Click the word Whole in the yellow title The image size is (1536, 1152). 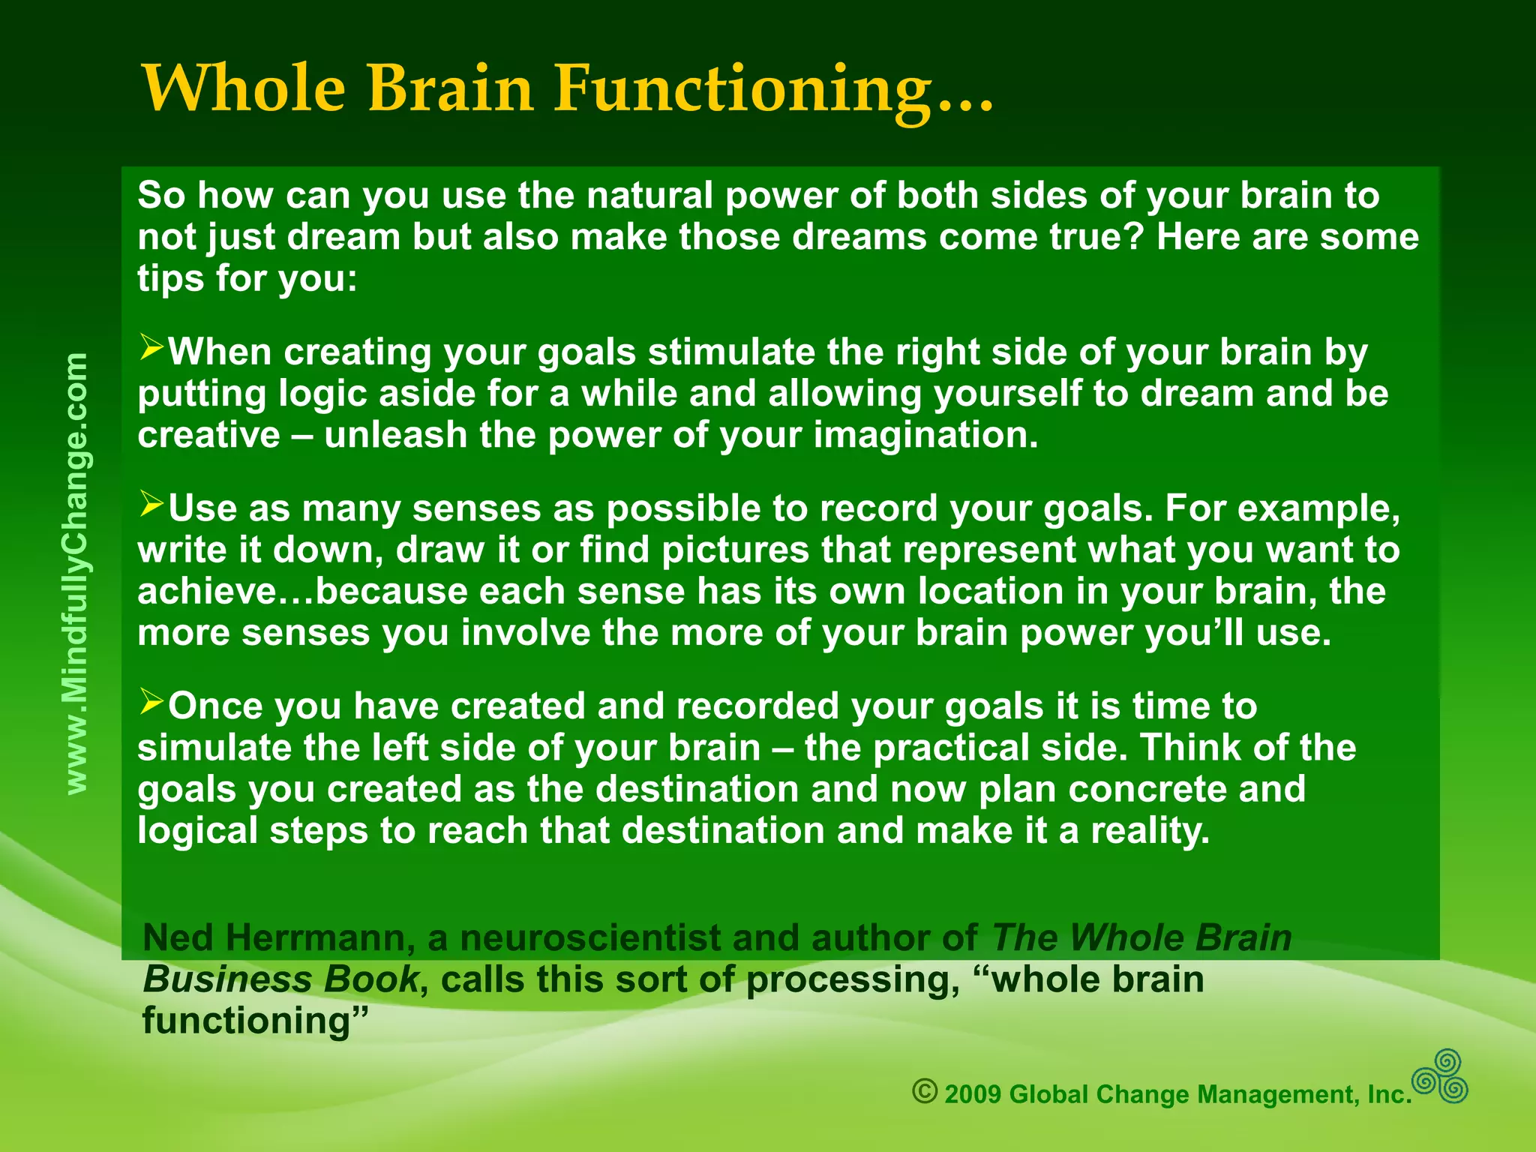(x=243, y=88)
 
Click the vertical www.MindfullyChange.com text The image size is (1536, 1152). (x=76, y=574)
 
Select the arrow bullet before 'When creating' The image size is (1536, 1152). (x=151, y=348)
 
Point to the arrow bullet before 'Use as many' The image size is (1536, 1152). (x=151, y=505)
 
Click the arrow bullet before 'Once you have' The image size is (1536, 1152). (x=151, y=703)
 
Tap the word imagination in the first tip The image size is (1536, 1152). (x=925, y=435)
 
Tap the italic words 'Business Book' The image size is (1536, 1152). (x=280, y=979)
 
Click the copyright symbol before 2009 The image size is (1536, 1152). (x=925, y=1091)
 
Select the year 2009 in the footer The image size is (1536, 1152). (x=973, y=1095)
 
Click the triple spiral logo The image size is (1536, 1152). (x=1440, y=1077)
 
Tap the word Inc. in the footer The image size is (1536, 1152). (x=1389, y=1095)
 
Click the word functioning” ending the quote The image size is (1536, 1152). (x=255, y=1021)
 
